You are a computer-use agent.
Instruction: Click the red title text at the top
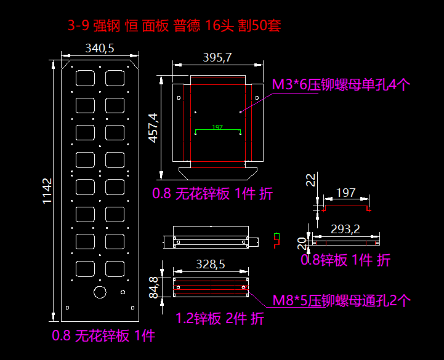175,26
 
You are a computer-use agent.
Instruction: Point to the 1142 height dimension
47,192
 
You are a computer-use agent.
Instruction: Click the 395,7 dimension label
217,58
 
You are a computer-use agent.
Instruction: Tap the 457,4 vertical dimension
153,127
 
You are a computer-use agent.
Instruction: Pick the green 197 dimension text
217,127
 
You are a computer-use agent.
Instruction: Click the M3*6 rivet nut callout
341,85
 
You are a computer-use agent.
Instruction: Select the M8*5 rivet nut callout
342,300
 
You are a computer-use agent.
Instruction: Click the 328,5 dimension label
211,264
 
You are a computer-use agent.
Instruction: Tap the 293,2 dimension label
345,229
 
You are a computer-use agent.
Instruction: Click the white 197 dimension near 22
345,193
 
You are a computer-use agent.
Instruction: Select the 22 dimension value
310,180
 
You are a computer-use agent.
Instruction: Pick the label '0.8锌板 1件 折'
345,260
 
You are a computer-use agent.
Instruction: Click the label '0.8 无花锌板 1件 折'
213,194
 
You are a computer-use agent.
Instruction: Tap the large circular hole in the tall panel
99,292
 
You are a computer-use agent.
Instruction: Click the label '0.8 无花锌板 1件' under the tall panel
103,336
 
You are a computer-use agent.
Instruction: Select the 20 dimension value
302,244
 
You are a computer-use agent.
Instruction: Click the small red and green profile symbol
276,239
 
